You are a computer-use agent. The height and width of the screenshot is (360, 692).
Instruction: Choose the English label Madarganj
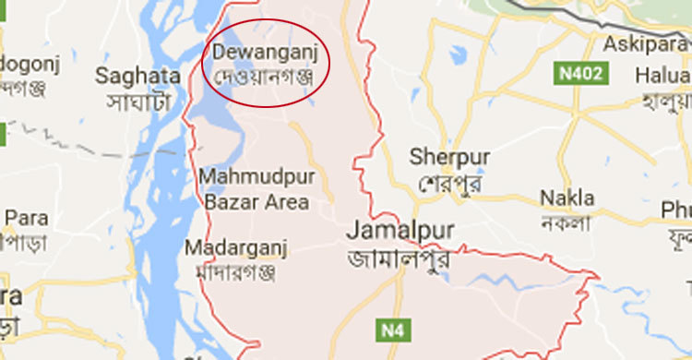point(236,247)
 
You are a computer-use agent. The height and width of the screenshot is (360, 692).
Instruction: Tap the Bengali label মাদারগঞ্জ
point(236,272)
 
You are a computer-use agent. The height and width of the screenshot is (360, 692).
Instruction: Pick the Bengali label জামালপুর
point(399,258)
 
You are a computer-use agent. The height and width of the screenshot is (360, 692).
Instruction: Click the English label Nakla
point(567,198)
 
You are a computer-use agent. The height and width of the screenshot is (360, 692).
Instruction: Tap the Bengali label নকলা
point(567,223)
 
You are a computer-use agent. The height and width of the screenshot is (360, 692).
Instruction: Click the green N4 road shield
point(390,328)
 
